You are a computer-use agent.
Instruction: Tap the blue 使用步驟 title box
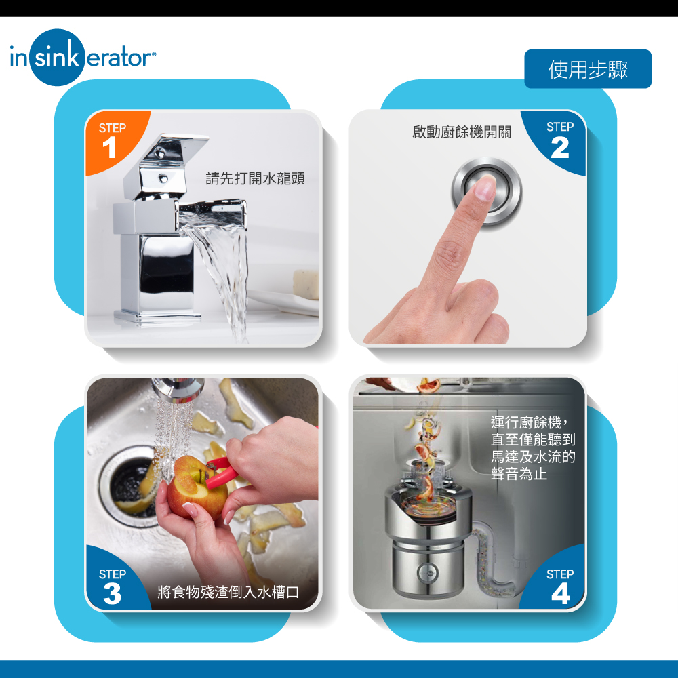(x=588, y=69)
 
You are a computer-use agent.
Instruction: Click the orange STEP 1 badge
(x=111, y=141)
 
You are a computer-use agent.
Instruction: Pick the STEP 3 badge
(x=112, y=587)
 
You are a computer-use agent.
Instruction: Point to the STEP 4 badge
(x=560, y=587)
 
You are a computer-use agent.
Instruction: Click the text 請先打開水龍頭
(x=255, y=178)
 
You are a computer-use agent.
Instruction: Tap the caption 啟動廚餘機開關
(x=462, y=132)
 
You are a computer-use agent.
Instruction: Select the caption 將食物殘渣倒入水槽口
(x=228, y=593)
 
